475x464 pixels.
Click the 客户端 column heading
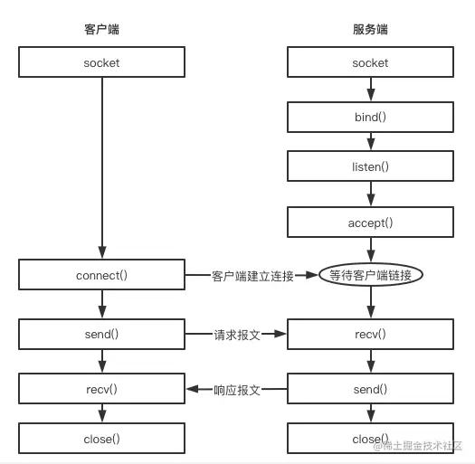101,30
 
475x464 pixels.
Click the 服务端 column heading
370,30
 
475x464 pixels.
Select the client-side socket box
101,62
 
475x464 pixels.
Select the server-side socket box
370,62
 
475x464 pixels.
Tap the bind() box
370,118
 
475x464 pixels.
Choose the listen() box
370,166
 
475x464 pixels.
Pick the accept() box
370,223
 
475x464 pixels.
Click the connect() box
101,275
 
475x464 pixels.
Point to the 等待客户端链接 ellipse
370,275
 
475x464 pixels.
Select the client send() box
101,334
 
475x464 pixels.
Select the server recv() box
370,334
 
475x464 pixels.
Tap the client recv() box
101,389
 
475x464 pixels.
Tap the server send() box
370,389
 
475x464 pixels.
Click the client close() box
101,439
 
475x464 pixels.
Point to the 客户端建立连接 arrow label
252,276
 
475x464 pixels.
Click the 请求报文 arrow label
237,335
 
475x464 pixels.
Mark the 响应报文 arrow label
237,390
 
